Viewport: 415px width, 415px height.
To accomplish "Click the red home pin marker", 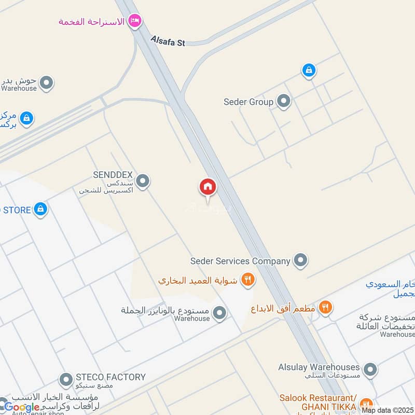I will coord(208,187).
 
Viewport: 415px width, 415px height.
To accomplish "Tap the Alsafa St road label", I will coord(168,40).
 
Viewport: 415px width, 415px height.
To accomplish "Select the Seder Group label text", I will coord(248,102).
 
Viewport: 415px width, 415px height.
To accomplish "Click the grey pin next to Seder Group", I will coord(283,101).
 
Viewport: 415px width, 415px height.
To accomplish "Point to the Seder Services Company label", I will coord(240,261).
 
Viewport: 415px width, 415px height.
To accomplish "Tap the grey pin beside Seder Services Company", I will coord(300,260).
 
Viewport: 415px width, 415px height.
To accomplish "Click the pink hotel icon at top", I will coord(135,21).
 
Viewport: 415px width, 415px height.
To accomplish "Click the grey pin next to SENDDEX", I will coord(143,181).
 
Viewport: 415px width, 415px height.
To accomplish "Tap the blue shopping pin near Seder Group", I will coord(309,70).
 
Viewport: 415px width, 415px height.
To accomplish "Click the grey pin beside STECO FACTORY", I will coord(66,380).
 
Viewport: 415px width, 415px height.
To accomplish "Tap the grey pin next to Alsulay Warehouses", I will coord(370,370).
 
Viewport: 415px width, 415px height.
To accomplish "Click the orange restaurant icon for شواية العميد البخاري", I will coord(248,280).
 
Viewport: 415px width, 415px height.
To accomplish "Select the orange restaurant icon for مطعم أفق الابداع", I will coord(325,307).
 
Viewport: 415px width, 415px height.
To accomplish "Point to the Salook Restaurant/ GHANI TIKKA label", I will coord(317,402).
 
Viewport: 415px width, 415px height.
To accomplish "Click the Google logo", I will coord(22,407).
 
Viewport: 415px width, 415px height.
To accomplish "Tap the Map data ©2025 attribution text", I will coord(388,410).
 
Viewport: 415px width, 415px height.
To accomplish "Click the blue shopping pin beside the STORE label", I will coord(40,210).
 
